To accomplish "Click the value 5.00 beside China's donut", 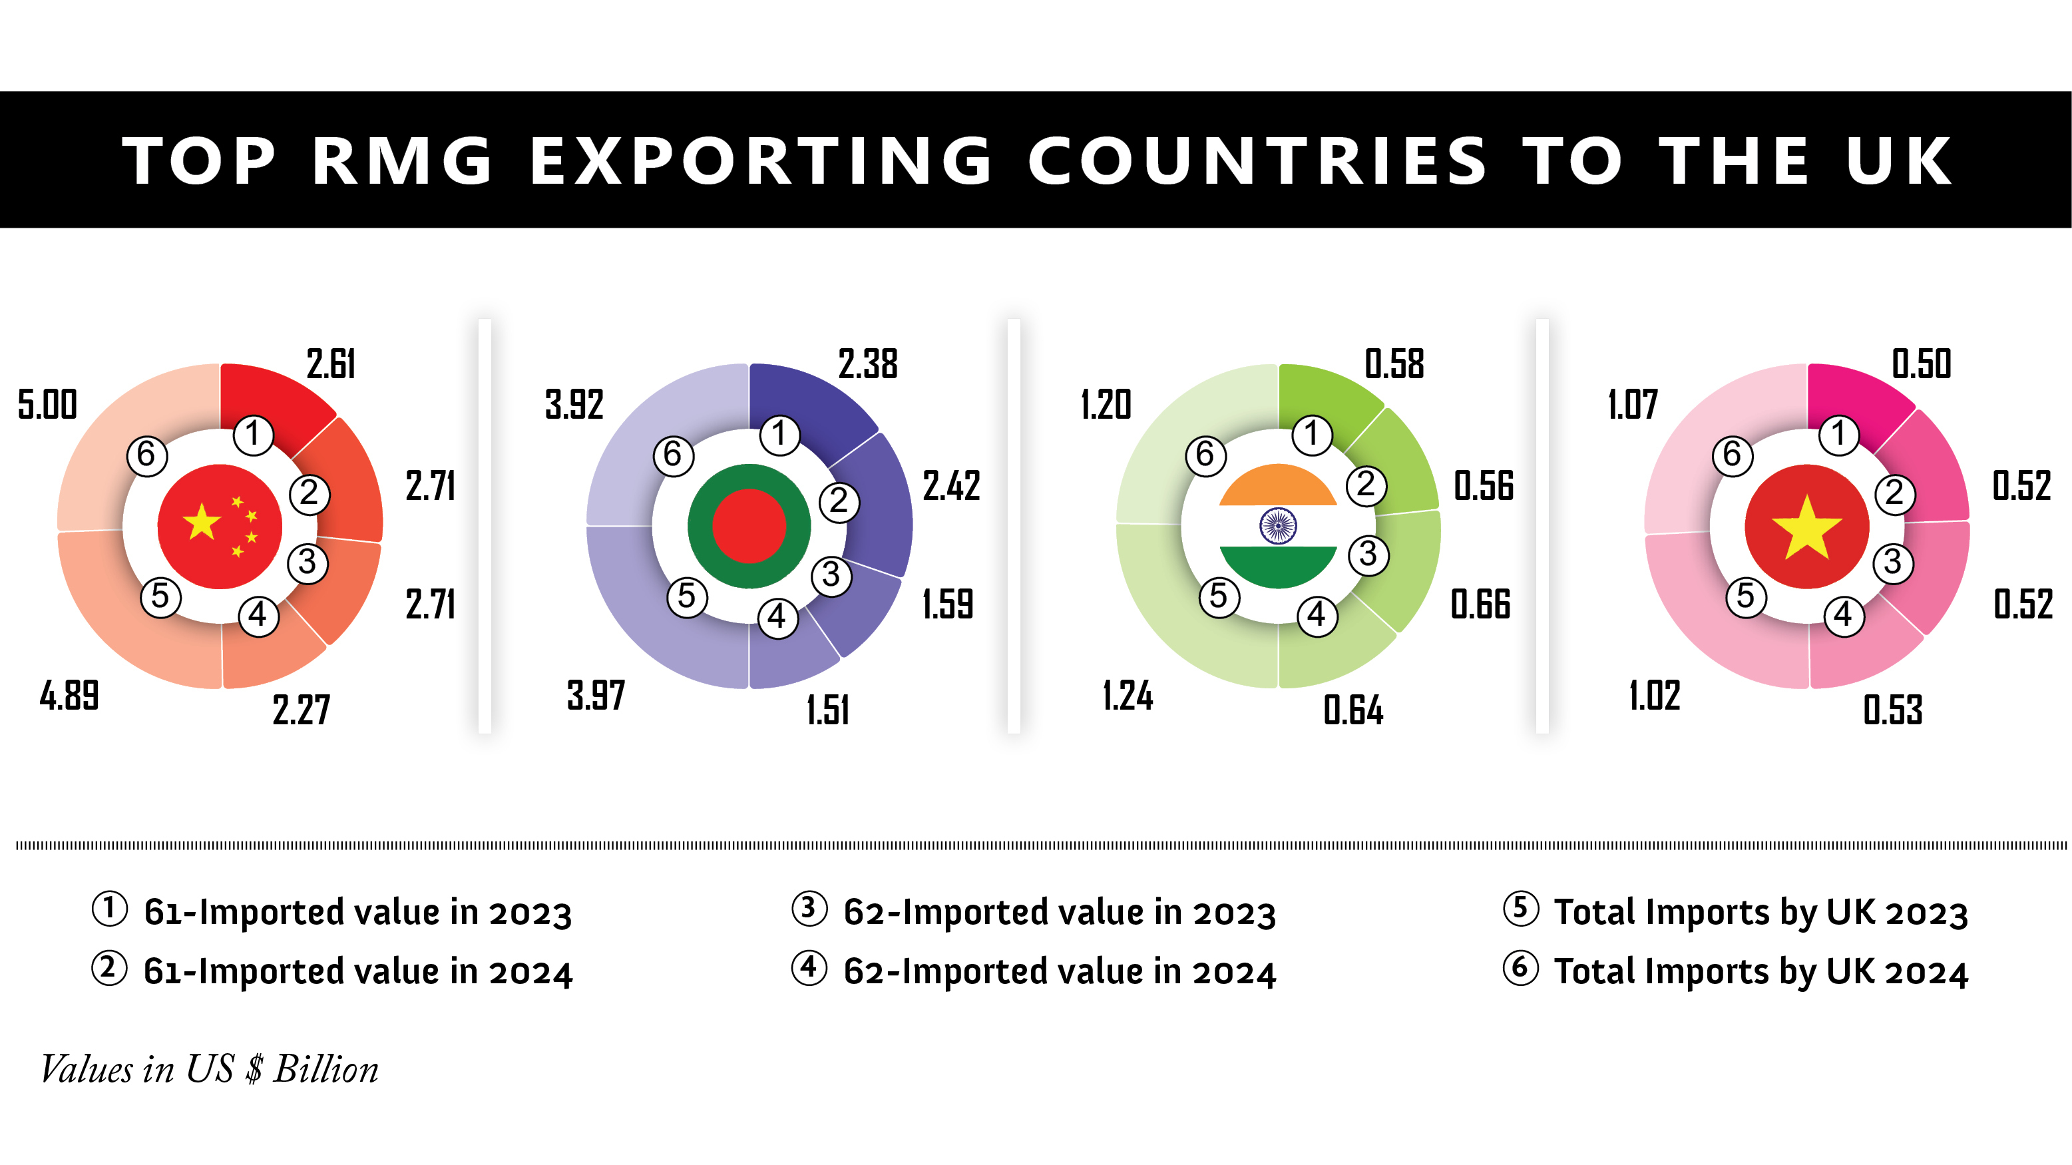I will pos(47,404).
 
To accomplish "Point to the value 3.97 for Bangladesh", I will pos(596,695).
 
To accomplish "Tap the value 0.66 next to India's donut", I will pos(1481,604).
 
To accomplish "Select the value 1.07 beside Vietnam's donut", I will pos(1633,404).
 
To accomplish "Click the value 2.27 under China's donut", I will pos(301,710).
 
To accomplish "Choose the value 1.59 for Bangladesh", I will pos(948,604).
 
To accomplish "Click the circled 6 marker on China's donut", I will pos(147,455).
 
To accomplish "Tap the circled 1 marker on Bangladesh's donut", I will pos(779,435).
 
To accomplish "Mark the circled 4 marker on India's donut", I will pos(1317,616).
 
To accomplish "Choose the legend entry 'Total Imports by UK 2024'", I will pos(1760,972).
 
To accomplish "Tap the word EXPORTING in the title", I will pos(761,160).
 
